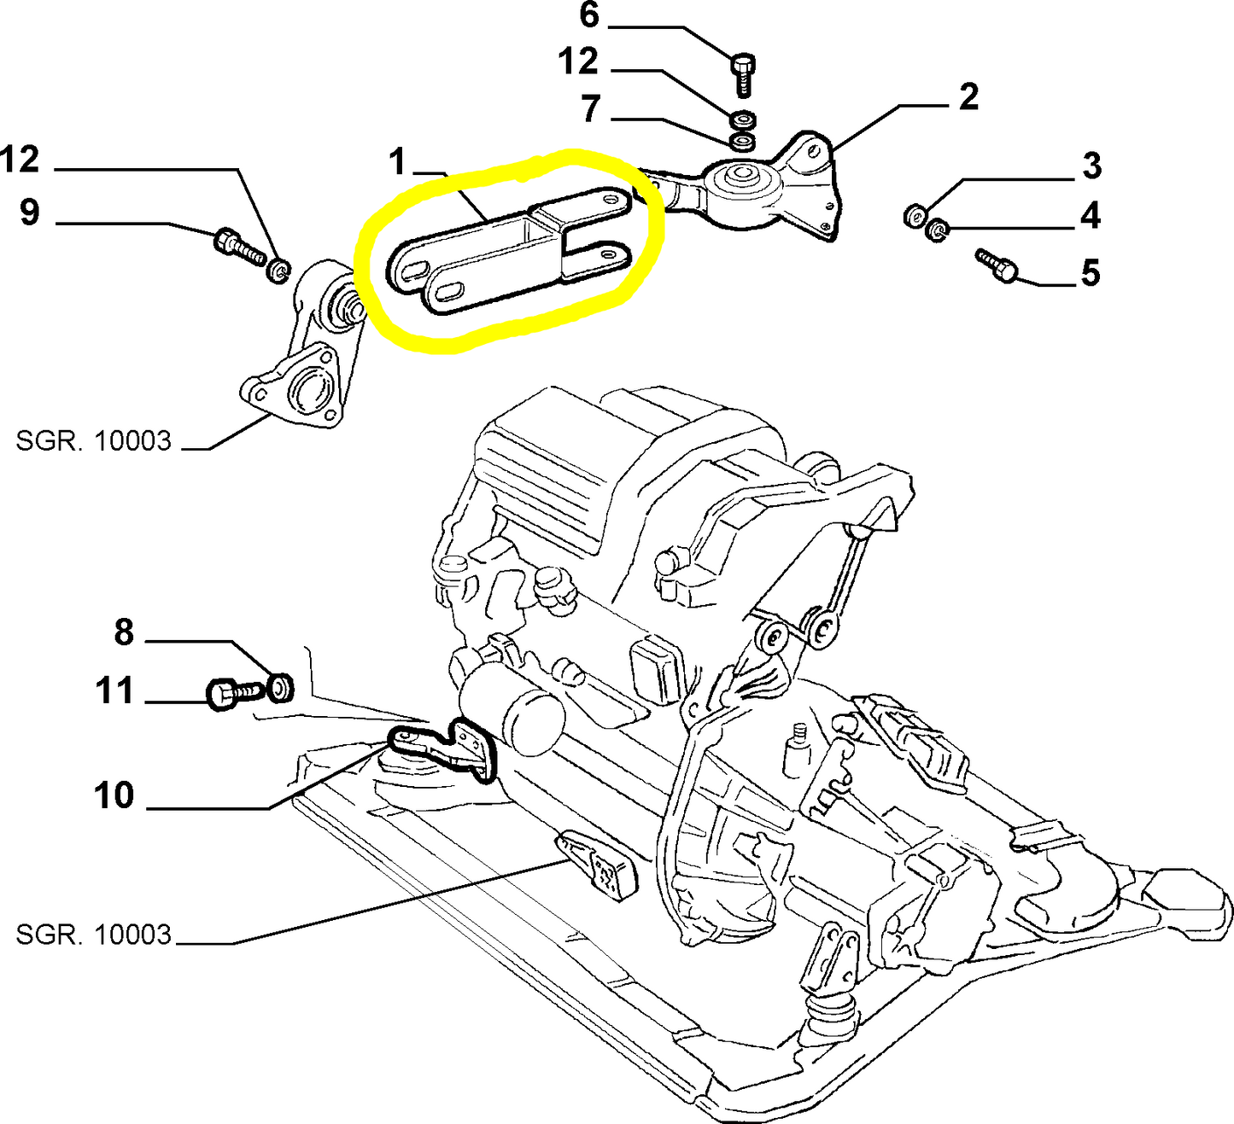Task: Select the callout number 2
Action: [x=968, y=97]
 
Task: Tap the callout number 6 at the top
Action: [x=589, y=15]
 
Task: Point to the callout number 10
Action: [x=114, y=795]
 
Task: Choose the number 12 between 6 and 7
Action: [x=578, y=62]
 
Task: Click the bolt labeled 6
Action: [x=742, y=72]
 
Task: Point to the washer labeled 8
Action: [x=280, y=687]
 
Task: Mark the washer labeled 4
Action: [x=938, y=230]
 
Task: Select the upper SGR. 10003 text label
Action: [x=94, y=441]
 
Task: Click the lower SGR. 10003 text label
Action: [x=94, y=935]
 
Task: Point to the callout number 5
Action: [x=1090, y=274]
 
